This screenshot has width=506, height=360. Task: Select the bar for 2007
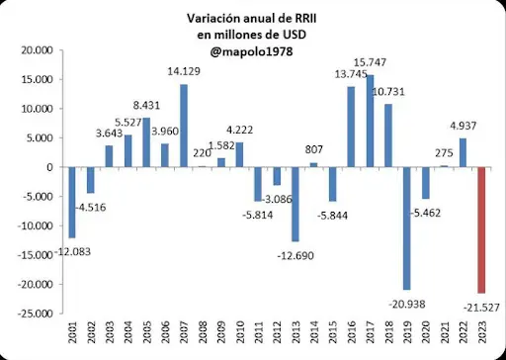point(184,126)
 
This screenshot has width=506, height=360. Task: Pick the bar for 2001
point(72,202)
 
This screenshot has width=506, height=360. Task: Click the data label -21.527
point(478,308)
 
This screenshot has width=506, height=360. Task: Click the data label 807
point(314,150)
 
